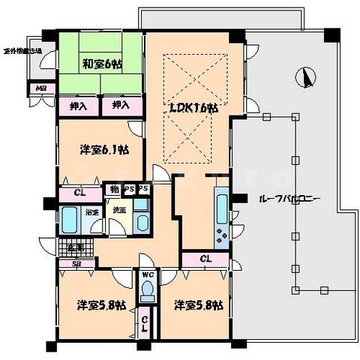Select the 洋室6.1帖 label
(x=103, y=149)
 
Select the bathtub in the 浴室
(x=70, y=222)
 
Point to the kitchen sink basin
(x=223, y=203)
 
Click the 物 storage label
(x=113, y=188)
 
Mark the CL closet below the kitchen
(x=205, y=259)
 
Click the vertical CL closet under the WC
(x=145, y=324)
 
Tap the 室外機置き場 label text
(x=22, y=51)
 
